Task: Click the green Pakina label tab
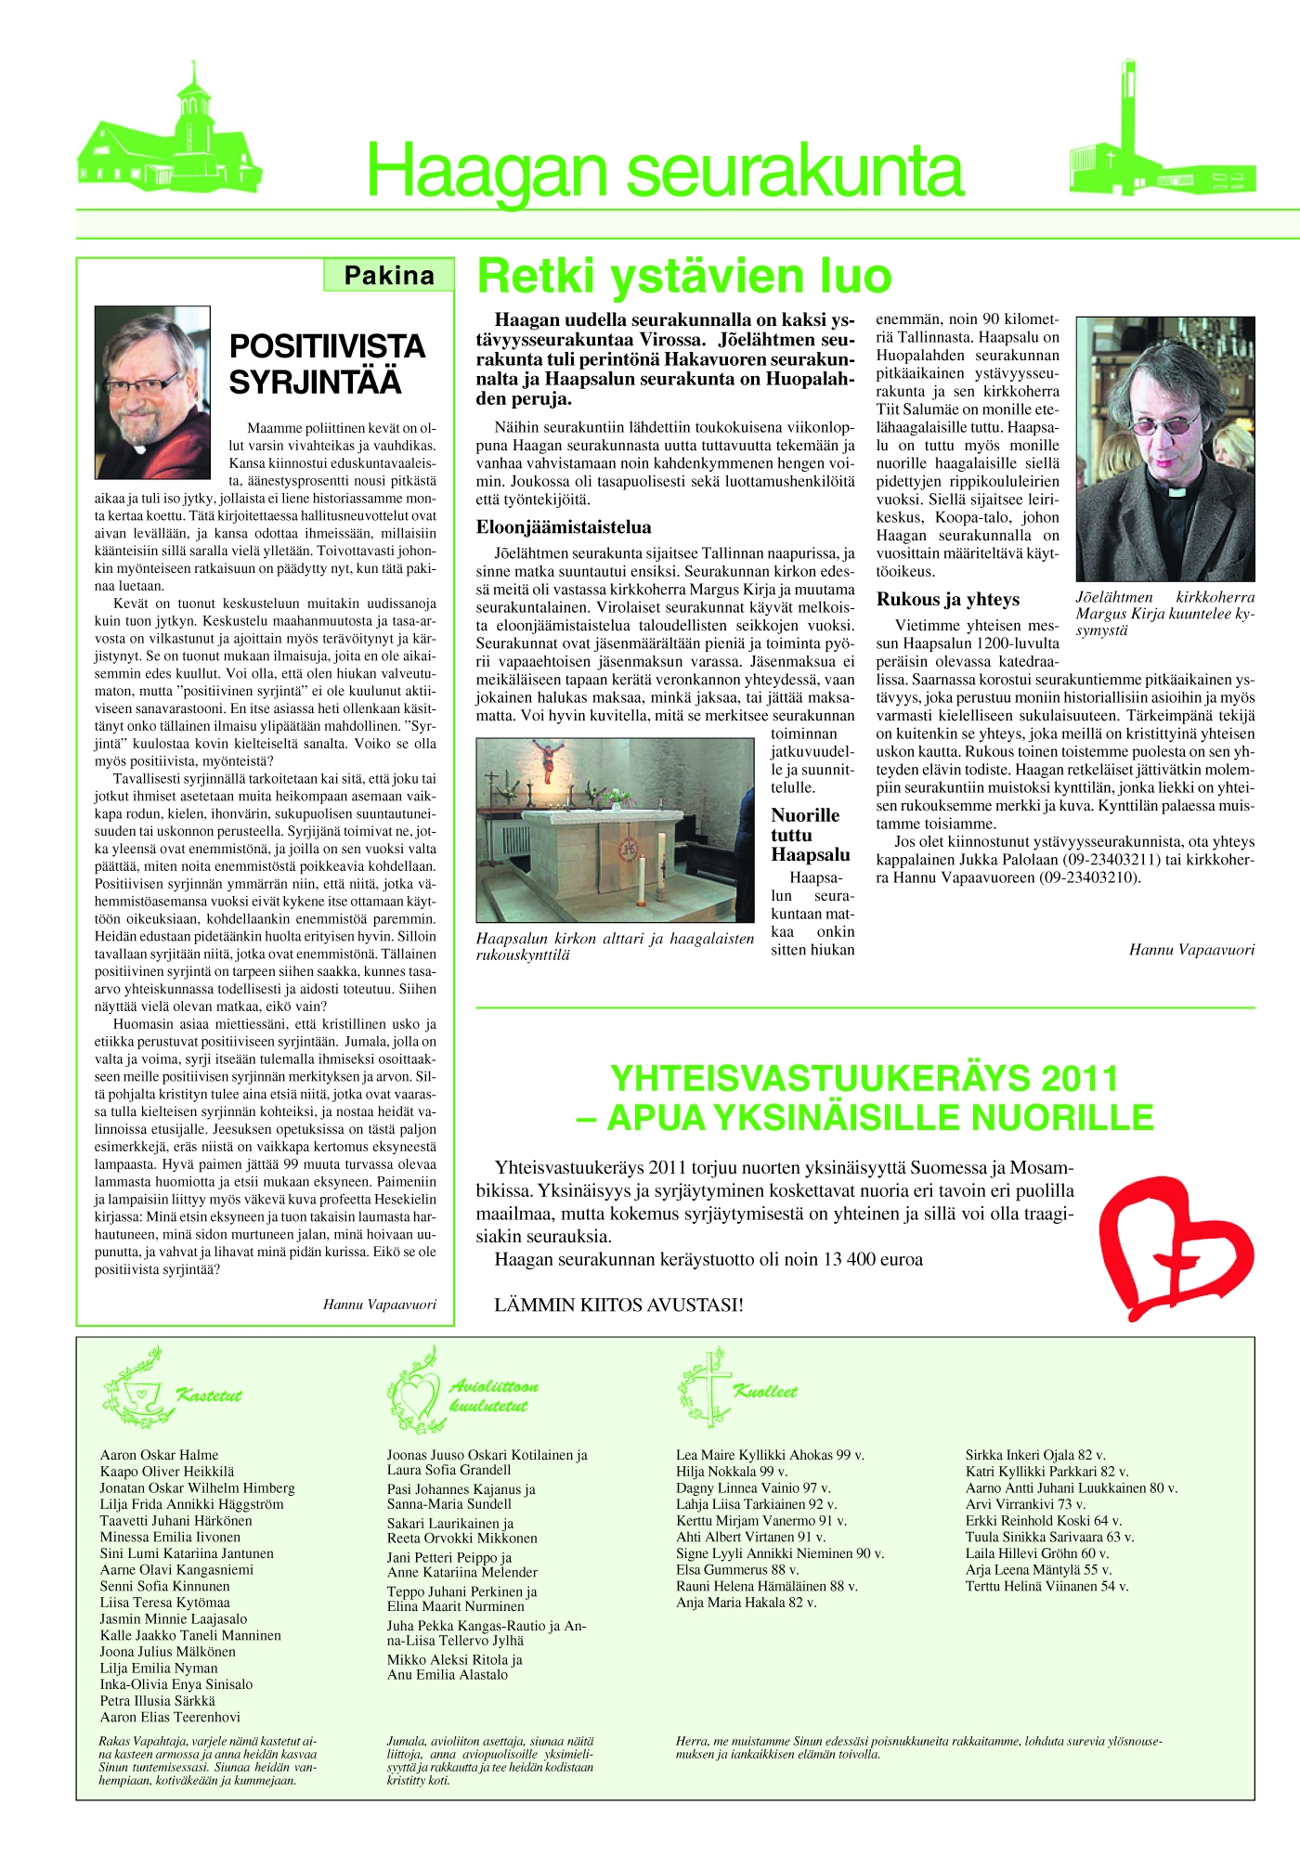click(x=389, y=276)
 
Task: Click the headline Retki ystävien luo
click(x=684, y=276)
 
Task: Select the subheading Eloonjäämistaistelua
click(x=564, y=527)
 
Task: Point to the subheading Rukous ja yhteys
click(x=948, y=599)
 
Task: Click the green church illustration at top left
click(x=169, y=140)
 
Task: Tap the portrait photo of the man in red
click(x=152, y=392)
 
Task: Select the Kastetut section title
click(x=209, y=1396)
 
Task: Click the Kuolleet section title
click(x=765, y=1391)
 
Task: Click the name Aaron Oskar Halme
click(x=160, y=1455)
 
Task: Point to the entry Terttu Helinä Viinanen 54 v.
click(x=1046, y=1586)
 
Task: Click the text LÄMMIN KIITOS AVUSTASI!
click(x=618, y=1305)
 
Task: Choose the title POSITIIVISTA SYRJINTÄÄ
click(x=327, y=363)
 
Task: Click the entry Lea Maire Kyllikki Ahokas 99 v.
click(x=770, y=1455)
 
